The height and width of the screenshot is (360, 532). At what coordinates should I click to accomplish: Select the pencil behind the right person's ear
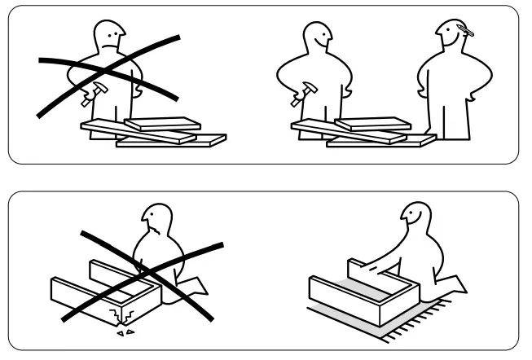pyautogui.click(x=466, y=32)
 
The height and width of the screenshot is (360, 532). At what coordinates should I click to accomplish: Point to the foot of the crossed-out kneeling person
pyautogui.click(x=196, y=286)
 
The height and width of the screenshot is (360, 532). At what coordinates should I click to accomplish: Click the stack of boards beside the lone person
pyautogui.click(x=151, y=132)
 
